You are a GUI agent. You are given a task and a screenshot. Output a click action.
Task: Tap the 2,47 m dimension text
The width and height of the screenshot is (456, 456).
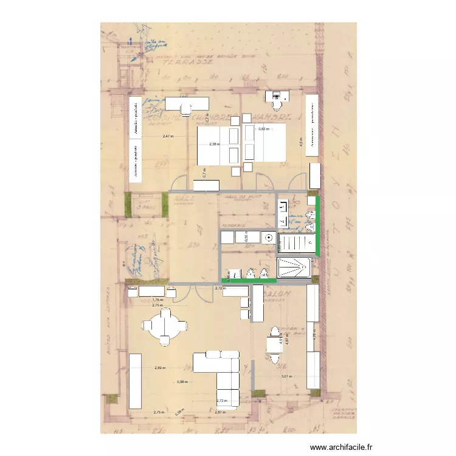coord(168,136)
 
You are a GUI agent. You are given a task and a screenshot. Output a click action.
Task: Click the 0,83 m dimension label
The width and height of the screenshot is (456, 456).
coord(263,129)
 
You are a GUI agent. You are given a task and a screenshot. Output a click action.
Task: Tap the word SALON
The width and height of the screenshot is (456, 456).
coord(281,293)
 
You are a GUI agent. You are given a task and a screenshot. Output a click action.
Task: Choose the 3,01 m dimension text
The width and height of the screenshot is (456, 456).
coord(286,376)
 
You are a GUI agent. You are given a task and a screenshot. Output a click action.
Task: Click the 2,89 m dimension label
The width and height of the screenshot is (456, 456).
coord(159,368)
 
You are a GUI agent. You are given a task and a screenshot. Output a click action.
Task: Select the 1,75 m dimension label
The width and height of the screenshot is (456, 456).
coord(158,300)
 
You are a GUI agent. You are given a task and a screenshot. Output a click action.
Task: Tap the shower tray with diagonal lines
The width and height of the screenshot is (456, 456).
coord(294,268)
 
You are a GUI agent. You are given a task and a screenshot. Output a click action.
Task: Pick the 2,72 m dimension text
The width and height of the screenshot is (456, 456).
coord(220,289)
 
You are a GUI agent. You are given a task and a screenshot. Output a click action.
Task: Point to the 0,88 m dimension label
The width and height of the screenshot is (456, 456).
coord(182,382)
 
